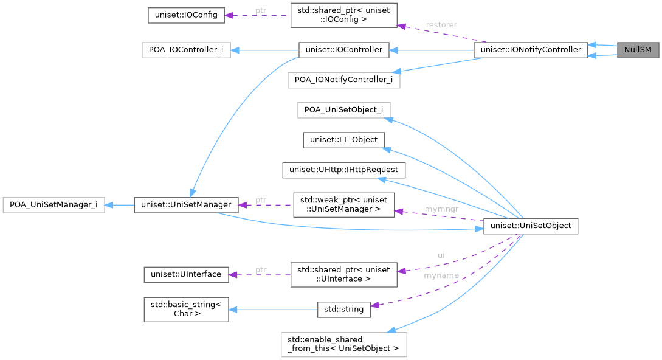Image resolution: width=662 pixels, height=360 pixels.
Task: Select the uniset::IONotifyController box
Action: (x=531, y=50)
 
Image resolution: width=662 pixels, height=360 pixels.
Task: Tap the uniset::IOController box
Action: (x=343, y=50)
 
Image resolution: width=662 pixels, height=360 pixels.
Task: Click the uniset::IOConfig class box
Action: (x=186, y=15)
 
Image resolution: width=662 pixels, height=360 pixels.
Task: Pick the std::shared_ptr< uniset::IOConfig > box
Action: (x=343, y=15)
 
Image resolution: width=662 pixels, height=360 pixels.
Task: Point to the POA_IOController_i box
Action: (x=186, y=50)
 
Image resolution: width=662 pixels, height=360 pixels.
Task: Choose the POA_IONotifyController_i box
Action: (x=343, y=80)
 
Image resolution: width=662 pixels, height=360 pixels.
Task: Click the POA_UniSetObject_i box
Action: (x=343, y=110)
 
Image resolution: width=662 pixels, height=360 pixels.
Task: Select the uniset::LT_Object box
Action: (x=343, y=140)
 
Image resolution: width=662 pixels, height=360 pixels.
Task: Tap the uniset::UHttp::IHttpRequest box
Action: (x=343, y=170)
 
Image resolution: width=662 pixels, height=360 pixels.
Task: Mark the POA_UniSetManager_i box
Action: (x=53, y=205)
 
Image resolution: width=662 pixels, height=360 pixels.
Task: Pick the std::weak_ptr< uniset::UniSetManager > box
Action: (x=343, y=205)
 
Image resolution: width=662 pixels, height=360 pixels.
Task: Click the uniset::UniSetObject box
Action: (x=531, y=226)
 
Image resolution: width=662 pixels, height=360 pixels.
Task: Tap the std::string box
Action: (x=343, y=309)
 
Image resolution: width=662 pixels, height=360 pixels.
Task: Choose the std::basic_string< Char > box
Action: (x=186, y=309)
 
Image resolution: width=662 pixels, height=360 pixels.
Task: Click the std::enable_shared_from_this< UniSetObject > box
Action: (x=343, y=344)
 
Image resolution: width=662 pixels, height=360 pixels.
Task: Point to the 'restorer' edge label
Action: (x=441, y=25)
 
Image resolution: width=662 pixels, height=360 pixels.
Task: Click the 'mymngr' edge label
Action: (x=441, y=210)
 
